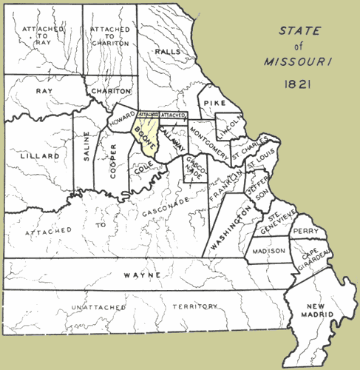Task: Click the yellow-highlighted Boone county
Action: (x=146, y=137)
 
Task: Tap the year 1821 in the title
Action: (x=300, y=86)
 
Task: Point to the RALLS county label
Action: (x=169, y=52)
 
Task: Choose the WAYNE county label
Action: (x=142, y=275)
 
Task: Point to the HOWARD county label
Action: (x=121, y=119)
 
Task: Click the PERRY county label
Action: (x=305, y=232)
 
